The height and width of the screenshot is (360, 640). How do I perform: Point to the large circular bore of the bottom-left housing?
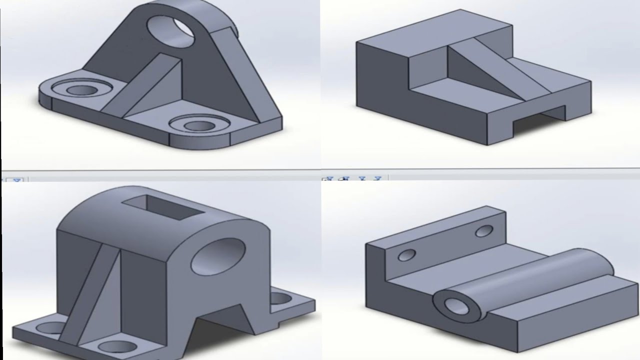tap(218, 256)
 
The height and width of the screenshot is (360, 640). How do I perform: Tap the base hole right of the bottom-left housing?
tap(280, 299)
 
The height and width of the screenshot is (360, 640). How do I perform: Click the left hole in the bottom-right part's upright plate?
tap(406, 255)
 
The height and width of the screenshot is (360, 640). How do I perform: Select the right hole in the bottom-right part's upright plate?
tap(484, 231)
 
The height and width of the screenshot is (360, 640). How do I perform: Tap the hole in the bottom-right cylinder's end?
tap(455, 305)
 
